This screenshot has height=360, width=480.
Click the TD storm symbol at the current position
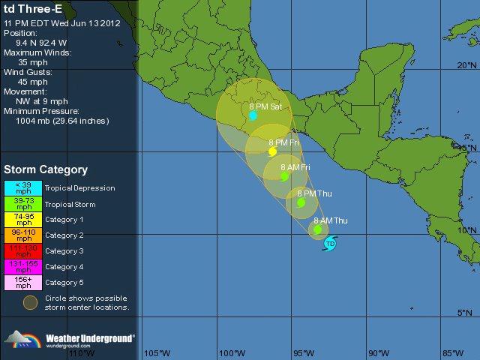point(330,243)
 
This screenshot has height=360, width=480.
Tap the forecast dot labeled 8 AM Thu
point(318,229)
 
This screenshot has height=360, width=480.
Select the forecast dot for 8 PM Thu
point(301,202)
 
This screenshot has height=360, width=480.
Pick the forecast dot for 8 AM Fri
point(284,177)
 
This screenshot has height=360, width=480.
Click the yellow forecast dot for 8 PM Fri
point(272,151)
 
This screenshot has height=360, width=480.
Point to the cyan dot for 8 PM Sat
point(253,115)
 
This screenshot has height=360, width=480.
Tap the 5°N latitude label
point(466,313)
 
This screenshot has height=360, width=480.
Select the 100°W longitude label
point(232,353)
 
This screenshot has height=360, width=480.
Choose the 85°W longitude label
point(452,353)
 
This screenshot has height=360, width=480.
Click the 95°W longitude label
point(304,353)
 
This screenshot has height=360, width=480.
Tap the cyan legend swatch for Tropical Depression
point(22,188)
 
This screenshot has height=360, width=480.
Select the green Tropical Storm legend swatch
point(22,204)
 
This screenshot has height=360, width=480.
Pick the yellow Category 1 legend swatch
point(22,220)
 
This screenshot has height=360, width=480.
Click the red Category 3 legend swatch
point(22,251)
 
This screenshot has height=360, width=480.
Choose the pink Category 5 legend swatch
point(22,283)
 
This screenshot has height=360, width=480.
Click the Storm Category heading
point(46,170)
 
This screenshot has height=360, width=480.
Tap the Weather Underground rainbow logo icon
point(21,340)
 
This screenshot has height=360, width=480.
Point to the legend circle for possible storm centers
point(29,302)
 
